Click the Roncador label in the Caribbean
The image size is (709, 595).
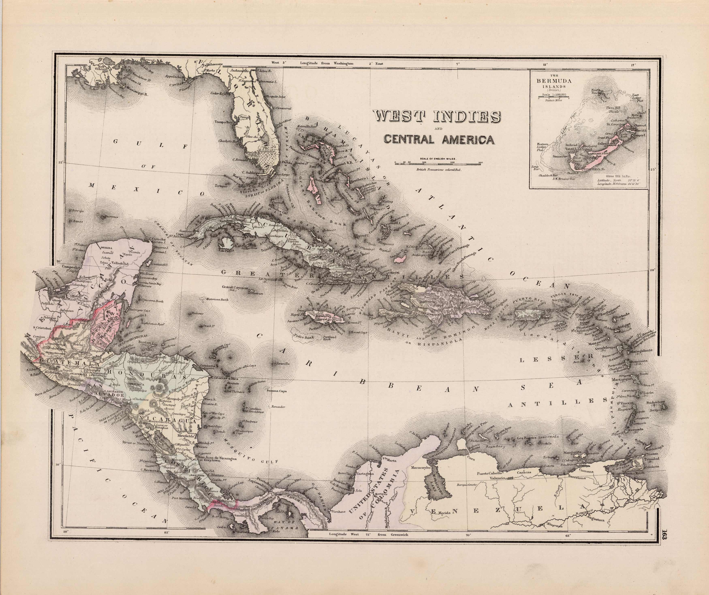278,407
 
